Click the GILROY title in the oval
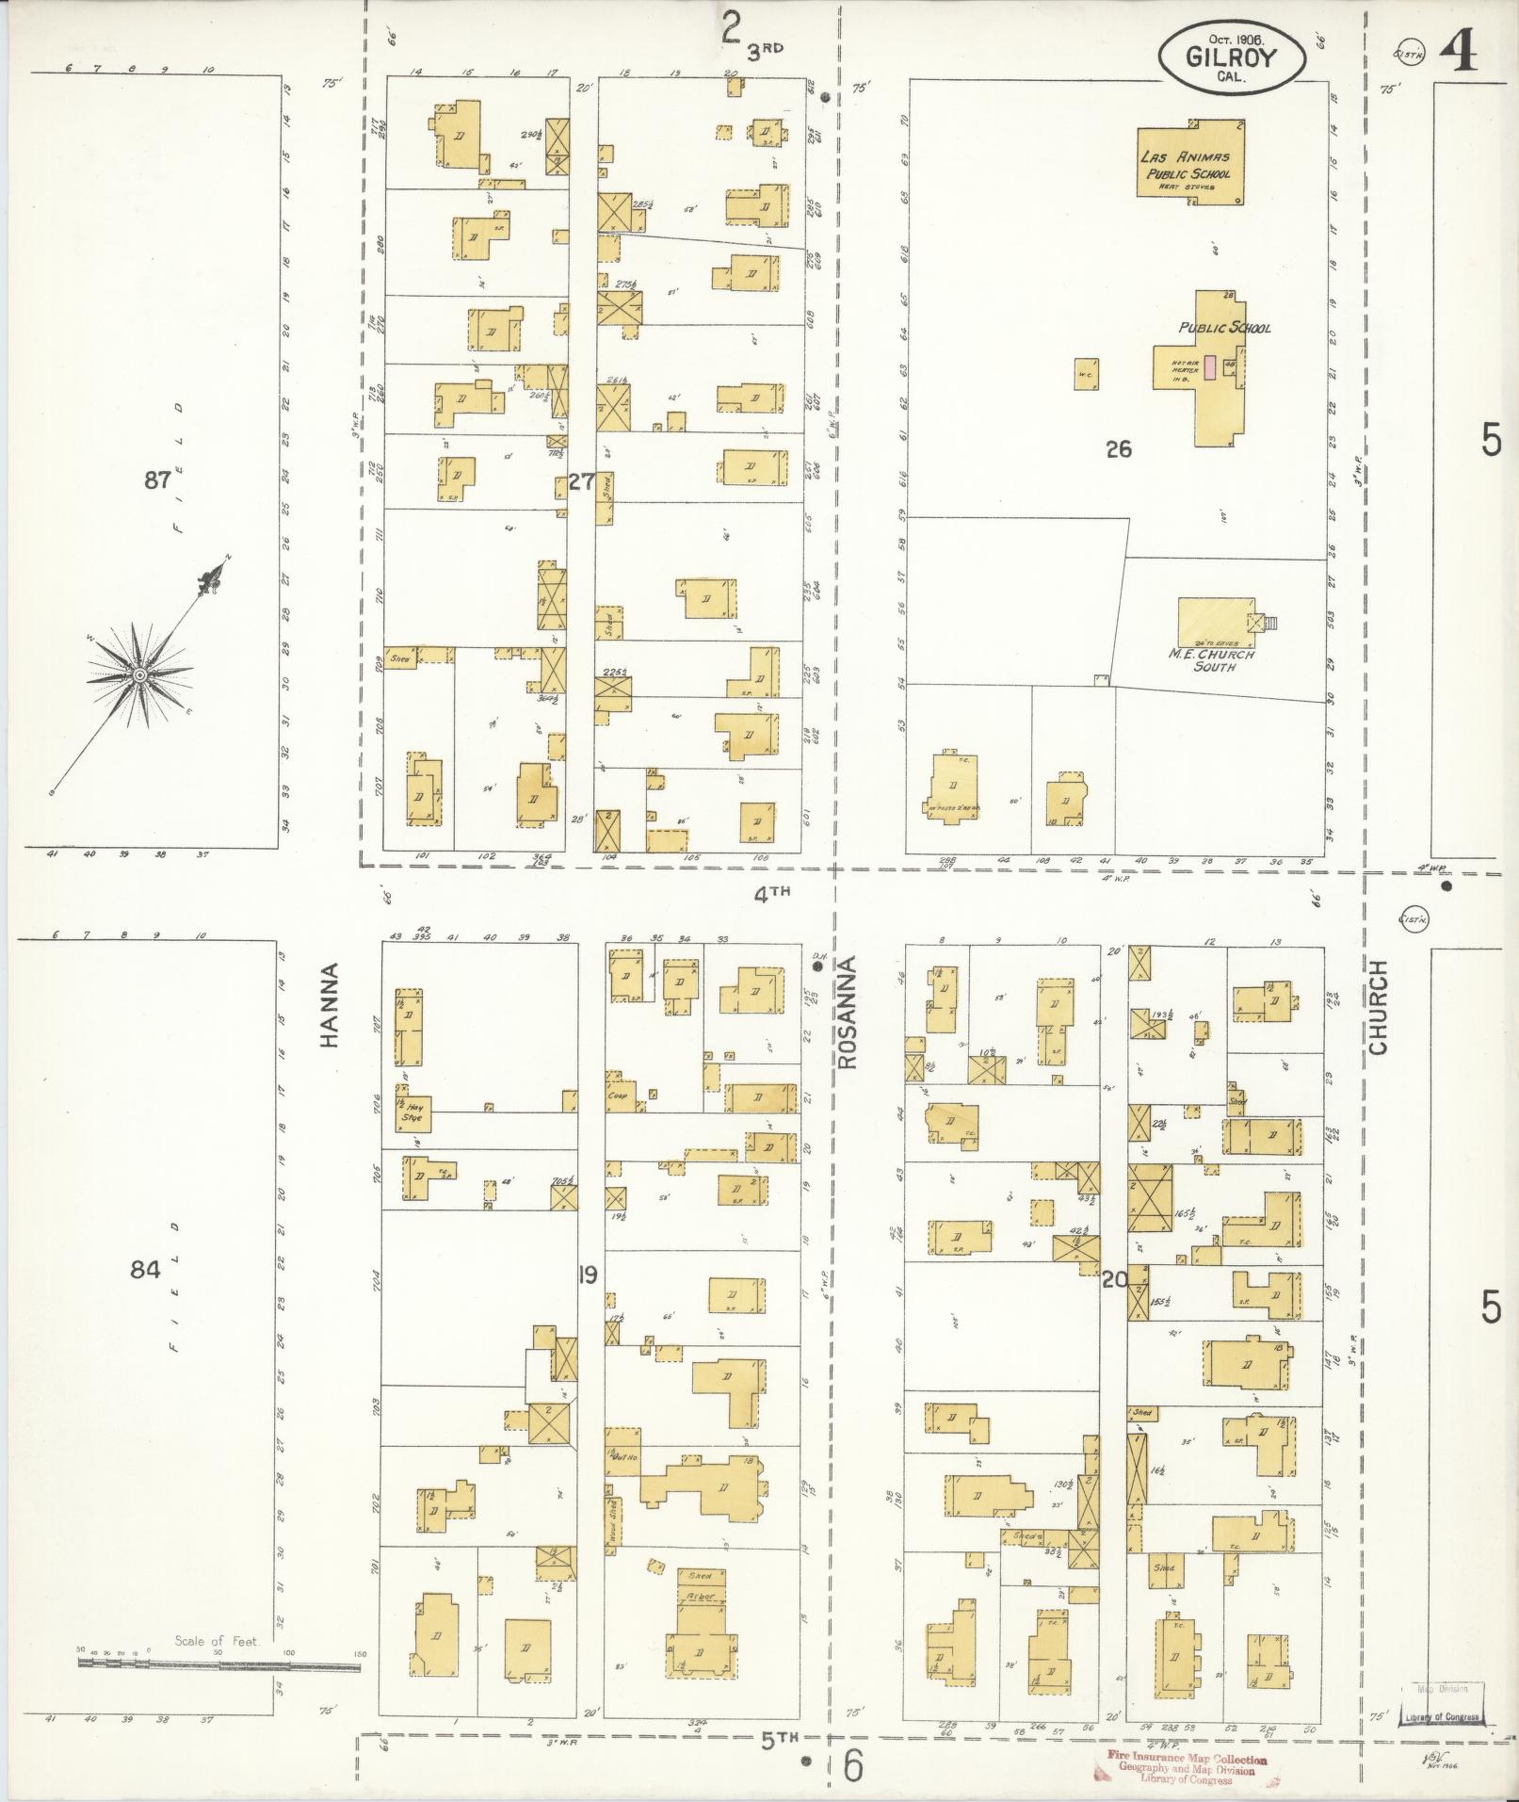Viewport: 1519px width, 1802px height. [1232, 58]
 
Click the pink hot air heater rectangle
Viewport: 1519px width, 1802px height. [1209, 367]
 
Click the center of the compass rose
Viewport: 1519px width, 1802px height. [139, 674]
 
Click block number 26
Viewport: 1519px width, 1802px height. [1118, 449]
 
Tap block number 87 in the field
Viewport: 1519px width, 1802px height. [156, 481]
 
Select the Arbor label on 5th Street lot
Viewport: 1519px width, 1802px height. [701, 1597]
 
